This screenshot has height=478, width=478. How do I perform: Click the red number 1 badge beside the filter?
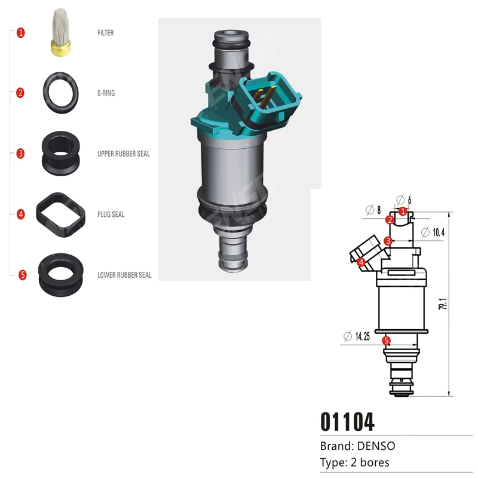[x=21, y=33]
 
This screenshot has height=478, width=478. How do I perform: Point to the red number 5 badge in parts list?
[x=23, y=275]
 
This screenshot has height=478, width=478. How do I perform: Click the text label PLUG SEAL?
[x=111, y=215]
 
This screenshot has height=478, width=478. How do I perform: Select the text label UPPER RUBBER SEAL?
[x=124, y=154]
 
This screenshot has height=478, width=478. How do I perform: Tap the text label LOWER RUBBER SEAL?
[x=124, y=275]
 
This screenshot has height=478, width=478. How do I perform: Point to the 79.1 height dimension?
[x=443, y=304]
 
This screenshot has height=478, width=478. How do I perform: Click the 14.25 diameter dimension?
[x=362, y=337]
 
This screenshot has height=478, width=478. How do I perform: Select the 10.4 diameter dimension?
[x=437, y=232]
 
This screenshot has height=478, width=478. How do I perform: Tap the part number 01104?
[x=348, y=421]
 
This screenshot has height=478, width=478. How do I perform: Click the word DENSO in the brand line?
[x=376, y=446]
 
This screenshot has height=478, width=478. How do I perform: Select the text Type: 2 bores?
[x=355, y=462]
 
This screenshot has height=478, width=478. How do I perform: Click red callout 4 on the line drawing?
[x=361, y=262]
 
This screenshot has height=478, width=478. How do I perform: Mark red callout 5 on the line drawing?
[x=387, y=341]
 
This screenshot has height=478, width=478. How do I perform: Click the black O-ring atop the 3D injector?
[x=232, y=42]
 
